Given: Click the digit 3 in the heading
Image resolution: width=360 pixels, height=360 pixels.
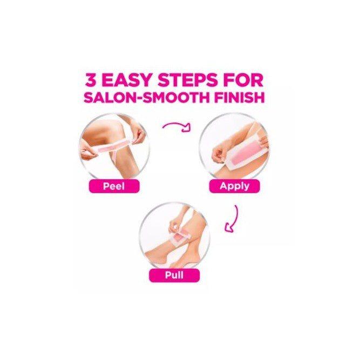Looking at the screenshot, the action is point(92,80).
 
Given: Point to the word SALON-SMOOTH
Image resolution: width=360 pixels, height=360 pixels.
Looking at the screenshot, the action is point(147,97).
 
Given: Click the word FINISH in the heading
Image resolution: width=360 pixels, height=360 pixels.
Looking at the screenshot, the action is point(240,97).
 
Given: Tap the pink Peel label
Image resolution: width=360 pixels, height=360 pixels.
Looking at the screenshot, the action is point(114,186).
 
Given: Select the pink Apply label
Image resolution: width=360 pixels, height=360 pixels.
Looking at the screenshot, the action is point(234,186).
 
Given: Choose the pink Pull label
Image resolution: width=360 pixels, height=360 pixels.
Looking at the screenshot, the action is point(174,275).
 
